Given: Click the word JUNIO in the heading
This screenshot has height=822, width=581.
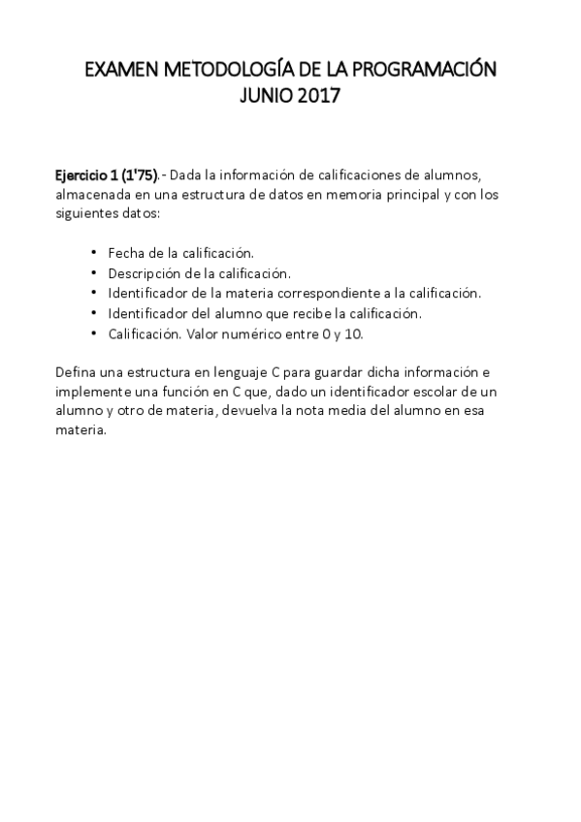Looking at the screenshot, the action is click(262, 97).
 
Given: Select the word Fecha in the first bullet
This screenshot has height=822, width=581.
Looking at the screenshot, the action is click(124, 252).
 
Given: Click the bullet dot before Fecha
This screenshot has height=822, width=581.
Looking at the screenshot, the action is click(92, 252).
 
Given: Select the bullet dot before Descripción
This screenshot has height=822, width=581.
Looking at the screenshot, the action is click(92, 272).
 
